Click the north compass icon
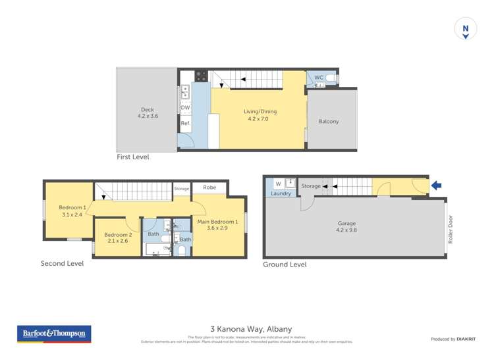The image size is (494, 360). [x=466, y=30]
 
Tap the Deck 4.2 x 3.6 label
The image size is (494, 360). [x=148, y=113]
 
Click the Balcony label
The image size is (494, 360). [x=329, y=122]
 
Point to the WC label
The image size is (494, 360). [x=318, y=78]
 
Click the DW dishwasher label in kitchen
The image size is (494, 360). [x=185, y=108]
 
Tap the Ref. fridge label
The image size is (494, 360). [x=185, y=123]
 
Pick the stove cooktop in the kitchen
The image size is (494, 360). [x=201, y=76]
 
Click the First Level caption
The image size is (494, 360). [x=133, y=157]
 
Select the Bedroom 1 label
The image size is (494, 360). [x=72, y=211]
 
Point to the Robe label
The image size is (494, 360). [x=209, y=188]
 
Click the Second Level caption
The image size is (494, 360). [x=62, y=263]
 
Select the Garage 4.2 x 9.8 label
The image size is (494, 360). [x=351, y=227]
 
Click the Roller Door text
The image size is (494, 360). [x=451, y=230]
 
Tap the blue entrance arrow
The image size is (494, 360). [x=436, y=186]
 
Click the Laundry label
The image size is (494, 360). [x=281, y=193]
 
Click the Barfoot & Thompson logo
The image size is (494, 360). [x=54, y=334]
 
